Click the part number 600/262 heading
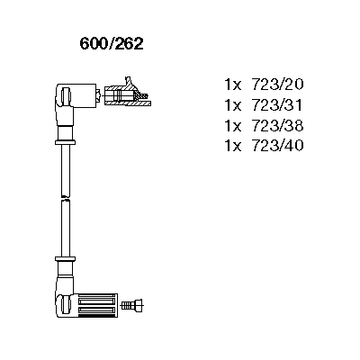point(112,44)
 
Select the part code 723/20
point(278,85)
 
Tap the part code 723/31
point(278,105)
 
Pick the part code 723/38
point(278,125)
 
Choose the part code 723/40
point(278,146)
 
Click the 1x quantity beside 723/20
point(233,85)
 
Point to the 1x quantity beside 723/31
point(233,105)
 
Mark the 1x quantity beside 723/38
point(233,126)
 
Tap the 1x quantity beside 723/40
point(233,146)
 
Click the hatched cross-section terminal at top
point(127,93)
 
